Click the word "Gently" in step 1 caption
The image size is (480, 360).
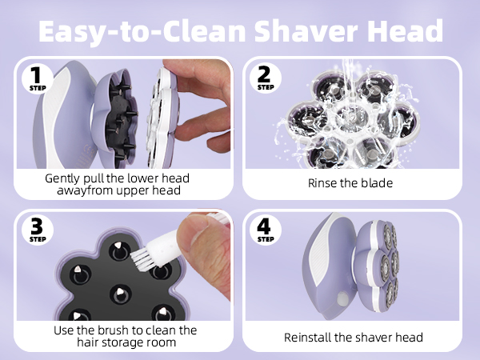(x=65, y=178)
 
